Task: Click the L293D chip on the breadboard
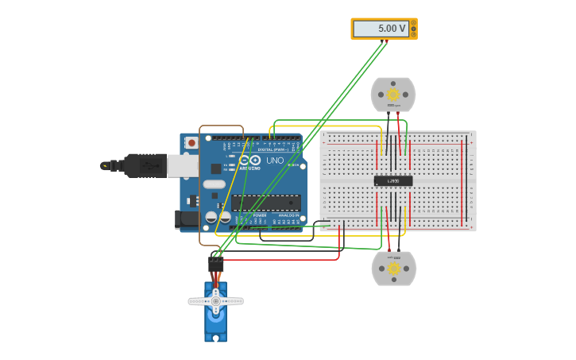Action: pyautogui.click(x=393, y=180)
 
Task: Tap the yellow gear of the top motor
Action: pyautogui.click(x=392, y=95)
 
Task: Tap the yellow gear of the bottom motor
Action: pyautogui.click(x=393, y=269)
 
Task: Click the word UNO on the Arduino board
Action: pyautogui.click(x=275, y=161)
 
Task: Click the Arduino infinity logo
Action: pyautogui.click(x=249, y=160)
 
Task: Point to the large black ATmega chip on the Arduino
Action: pyautogui.click(x=266, y=203)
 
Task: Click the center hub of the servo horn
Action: pyautogui.click(x=215, y=301)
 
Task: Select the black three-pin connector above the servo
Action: pyautogui.click(x=215, y=265)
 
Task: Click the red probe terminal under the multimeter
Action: pyautogui.click(x=386, y=41)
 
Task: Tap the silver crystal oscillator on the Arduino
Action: pyautogui.click(x=214, y=184)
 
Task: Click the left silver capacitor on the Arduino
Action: pyautogui.click(x=211, y=216)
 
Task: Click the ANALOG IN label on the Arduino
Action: pyautogui.click(x=288, y=215)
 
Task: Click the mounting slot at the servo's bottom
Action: pyautogui.click(x=215, y=337)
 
